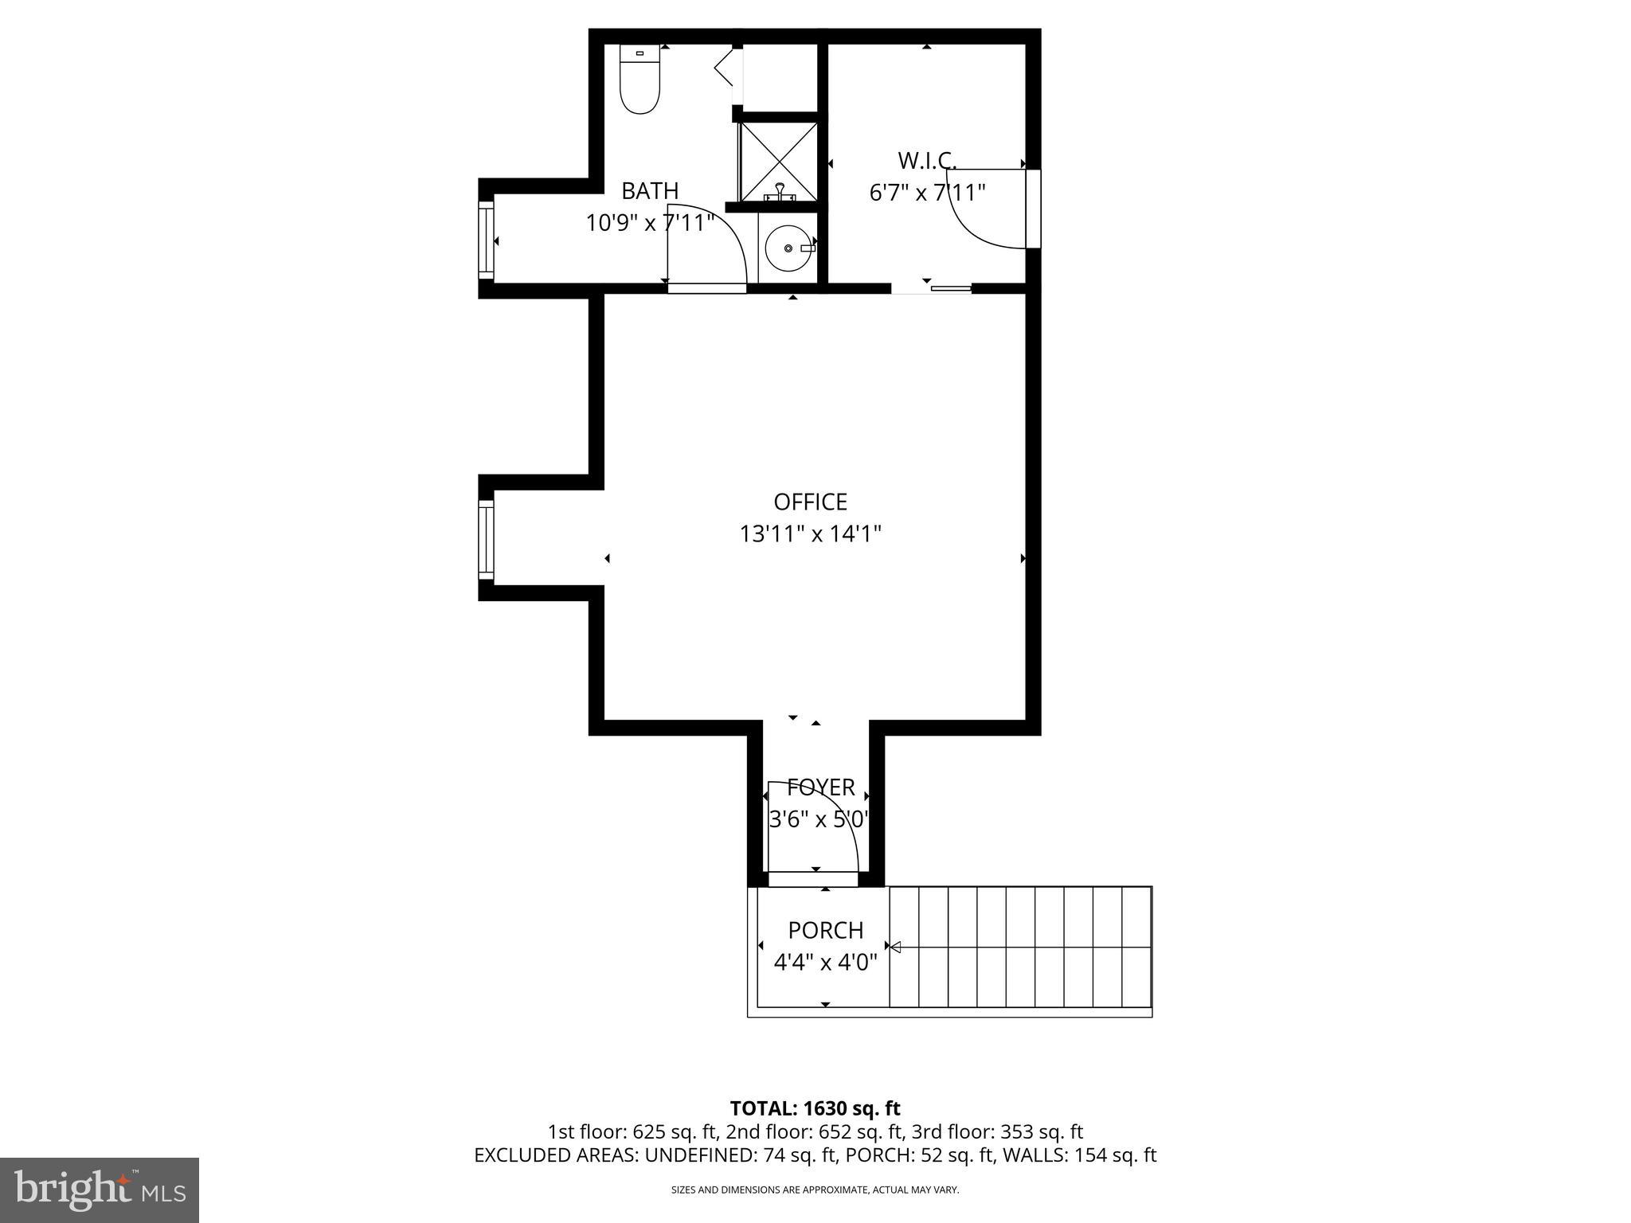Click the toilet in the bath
point(639,80)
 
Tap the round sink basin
point(788,248)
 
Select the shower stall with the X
point(778,161)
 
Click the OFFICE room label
point(810,502)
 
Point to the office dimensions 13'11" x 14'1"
point(810,533)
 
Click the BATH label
point(650,191)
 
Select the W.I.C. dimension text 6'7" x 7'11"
point(927,193)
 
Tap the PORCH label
point(825,930)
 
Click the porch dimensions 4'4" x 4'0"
point(825,963)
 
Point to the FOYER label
point(820,787)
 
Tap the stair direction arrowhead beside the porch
point(895,947)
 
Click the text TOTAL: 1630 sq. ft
point(815,1108)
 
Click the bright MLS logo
point(100,1190)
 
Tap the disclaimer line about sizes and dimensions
point(815,1190)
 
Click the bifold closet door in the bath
point(725,68)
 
